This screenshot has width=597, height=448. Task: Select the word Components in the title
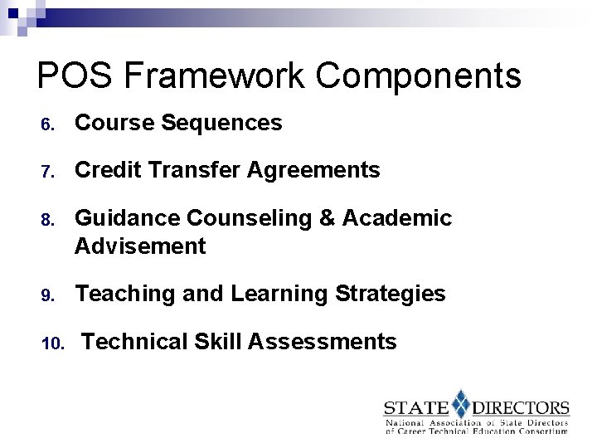click(x=419, y=76)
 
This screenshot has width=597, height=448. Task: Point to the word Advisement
click(x=140, y=246)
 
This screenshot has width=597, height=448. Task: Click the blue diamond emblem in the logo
click(x=460, y=404)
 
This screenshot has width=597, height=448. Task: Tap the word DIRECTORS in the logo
click(x=521, y=408)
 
